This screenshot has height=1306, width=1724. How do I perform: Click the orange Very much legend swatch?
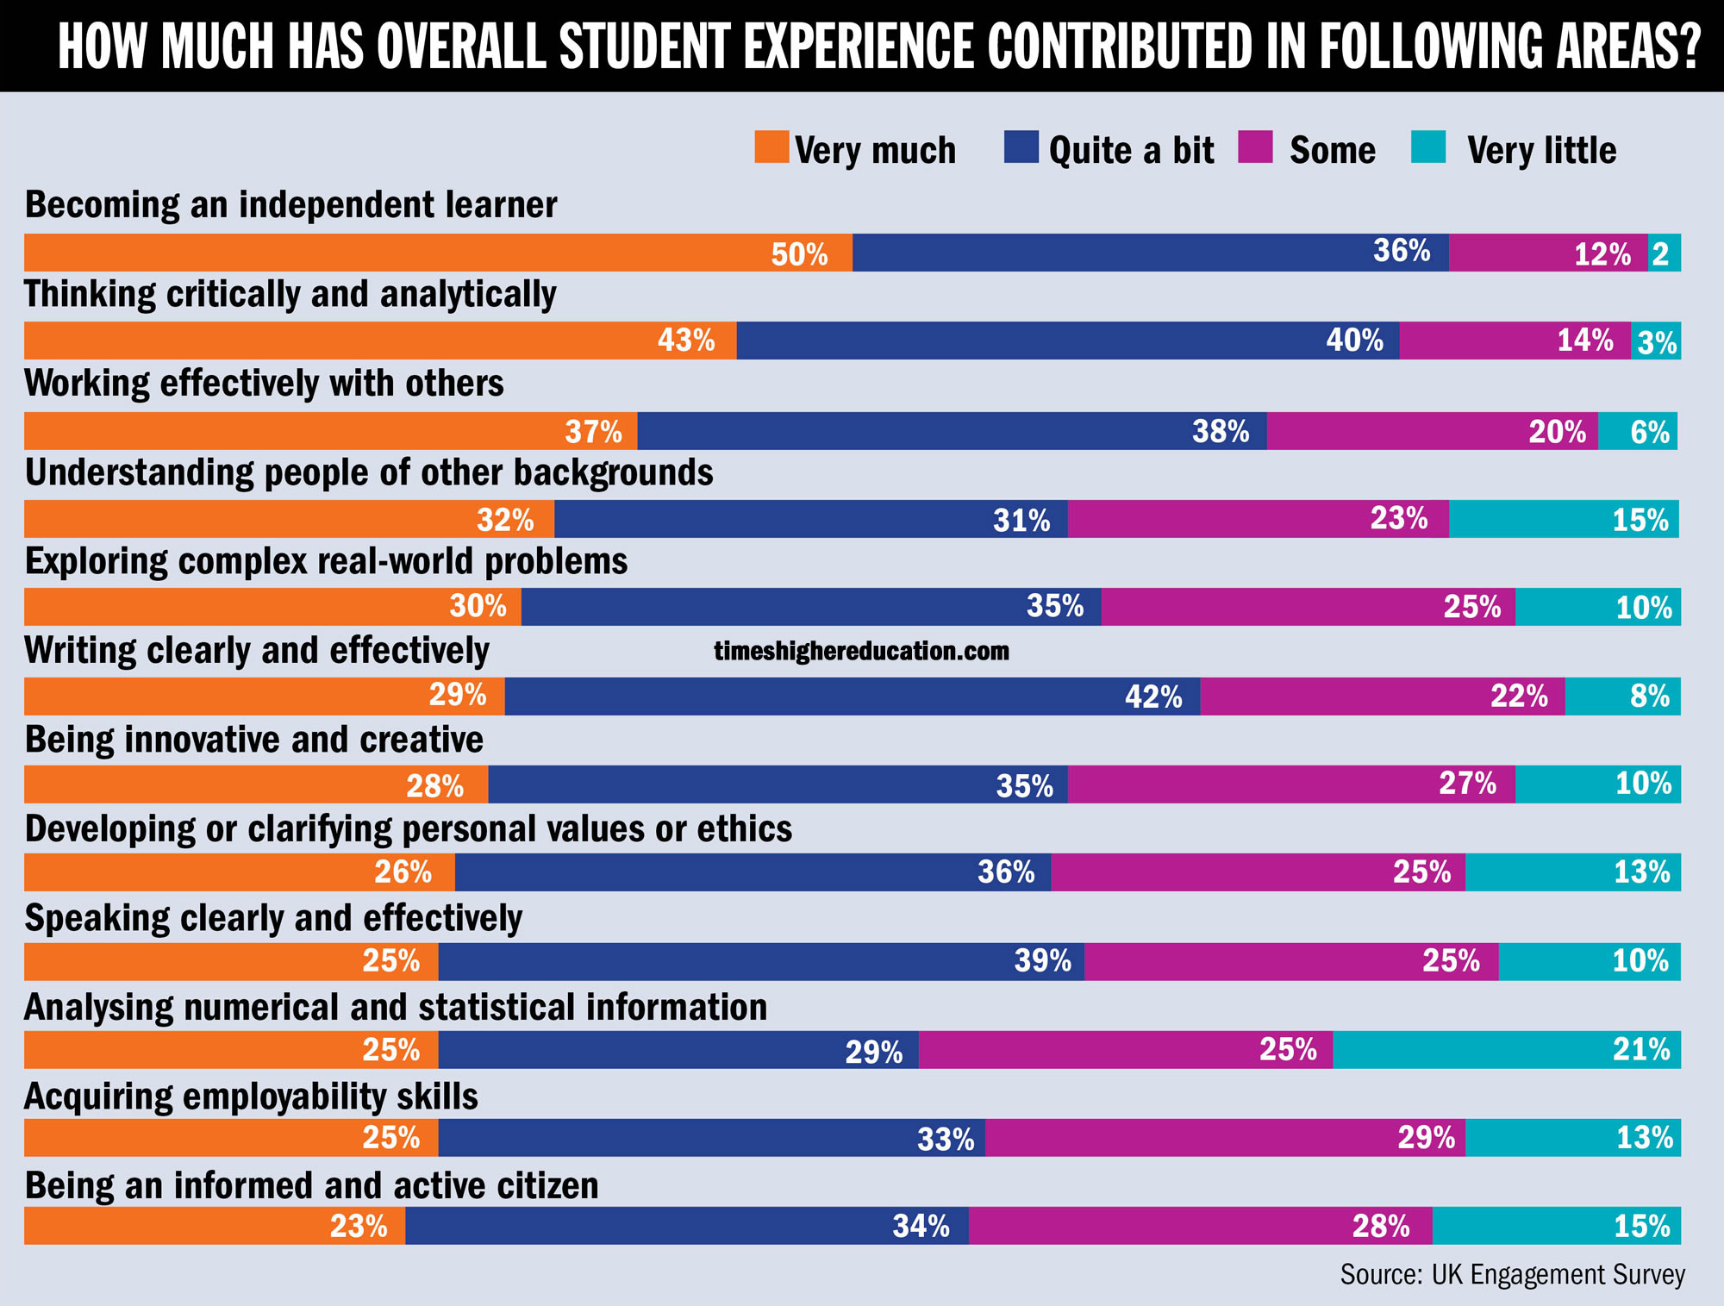click(x=771, y=147)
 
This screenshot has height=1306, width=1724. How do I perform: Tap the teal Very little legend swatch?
click(x=1428, y=147)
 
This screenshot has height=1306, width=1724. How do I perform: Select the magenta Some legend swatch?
click(x=1255, y=147)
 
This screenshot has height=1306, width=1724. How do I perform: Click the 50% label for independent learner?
click(x=799, y=254)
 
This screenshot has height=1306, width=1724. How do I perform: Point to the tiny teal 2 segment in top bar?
click(x=1664, y=253)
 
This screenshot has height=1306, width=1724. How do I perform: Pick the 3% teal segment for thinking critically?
click(x=1656, y=341)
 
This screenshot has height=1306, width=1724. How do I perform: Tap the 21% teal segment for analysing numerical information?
click(x=1507, y=1050)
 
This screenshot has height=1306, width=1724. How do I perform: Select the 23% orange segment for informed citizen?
click(x=215, y=1226)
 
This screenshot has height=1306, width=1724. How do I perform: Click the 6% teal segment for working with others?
click(x=1638, y=431)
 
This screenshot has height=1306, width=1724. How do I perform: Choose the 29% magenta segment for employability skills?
click(x=1225, y=1138)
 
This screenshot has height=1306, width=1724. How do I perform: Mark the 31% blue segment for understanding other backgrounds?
click(x=810, y=519)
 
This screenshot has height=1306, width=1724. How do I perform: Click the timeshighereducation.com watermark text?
click(x=861, y=651)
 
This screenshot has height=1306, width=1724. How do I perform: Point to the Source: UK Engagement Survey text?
click(x=1512, y=1275)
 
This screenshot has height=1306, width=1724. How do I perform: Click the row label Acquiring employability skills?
click(x=251, y=1097)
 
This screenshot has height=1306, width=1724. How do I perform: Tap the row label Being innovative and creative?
click(x=254, y=740)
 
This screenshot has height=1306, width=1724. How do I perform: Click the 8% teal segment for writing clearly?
click(x=1622, y=697)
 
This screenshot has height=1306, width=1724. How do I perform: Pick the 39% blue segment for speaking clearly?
click(x=761, y=961)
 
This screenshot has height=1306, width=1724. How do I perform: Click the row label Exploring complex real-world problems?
click(x=326, y=561)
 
